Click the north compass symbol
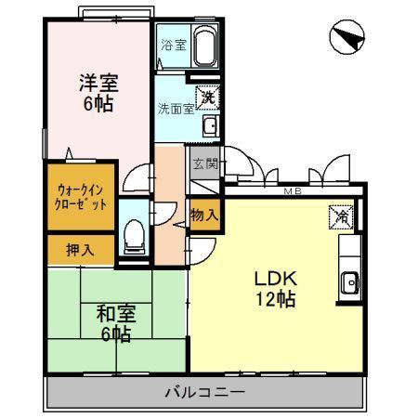(x=346, y=38)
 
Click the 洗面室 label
(x=174, y=108)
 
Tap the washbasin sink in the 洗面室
(x=210, y=126)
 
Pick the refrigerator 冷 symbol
(x=340, y=216)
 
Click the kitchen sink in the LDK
(x=351, y=281)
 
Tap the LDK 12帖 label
(x=276, y=288)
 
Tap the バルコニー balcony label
(x=205, y=392)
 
